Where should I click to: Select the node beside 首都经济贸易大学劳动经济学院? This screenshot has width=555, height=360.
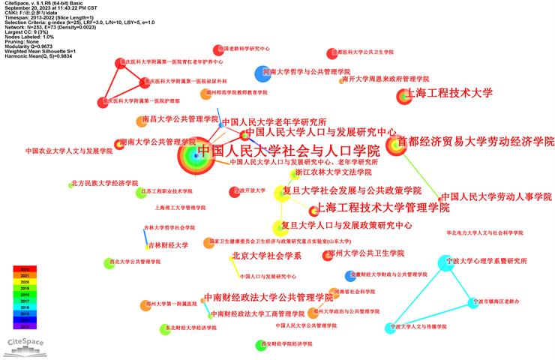pos(394,144)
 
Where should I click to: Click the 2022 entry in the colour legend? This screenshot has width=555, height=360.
pos(25,269)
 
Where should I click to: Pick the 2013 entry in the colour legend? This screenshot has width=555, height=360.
pos(25,327)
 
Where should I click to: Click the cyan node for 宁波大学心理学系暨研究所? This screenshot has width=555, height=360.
pos(446,262)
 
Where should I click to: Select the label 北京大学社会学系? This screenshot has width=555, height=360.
pos(266,256)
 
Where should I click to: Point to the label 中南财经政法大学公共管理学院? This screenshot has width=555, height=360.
pos(268,298)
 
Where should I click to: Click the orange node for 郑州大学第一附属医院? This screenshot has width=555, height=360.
pos(145,304)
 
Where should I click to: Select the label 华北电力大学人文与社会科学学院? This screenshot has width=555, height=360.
pos(484,233)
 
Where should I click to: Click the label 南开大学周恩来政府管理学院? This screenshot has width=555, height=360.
pos(385,79)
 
